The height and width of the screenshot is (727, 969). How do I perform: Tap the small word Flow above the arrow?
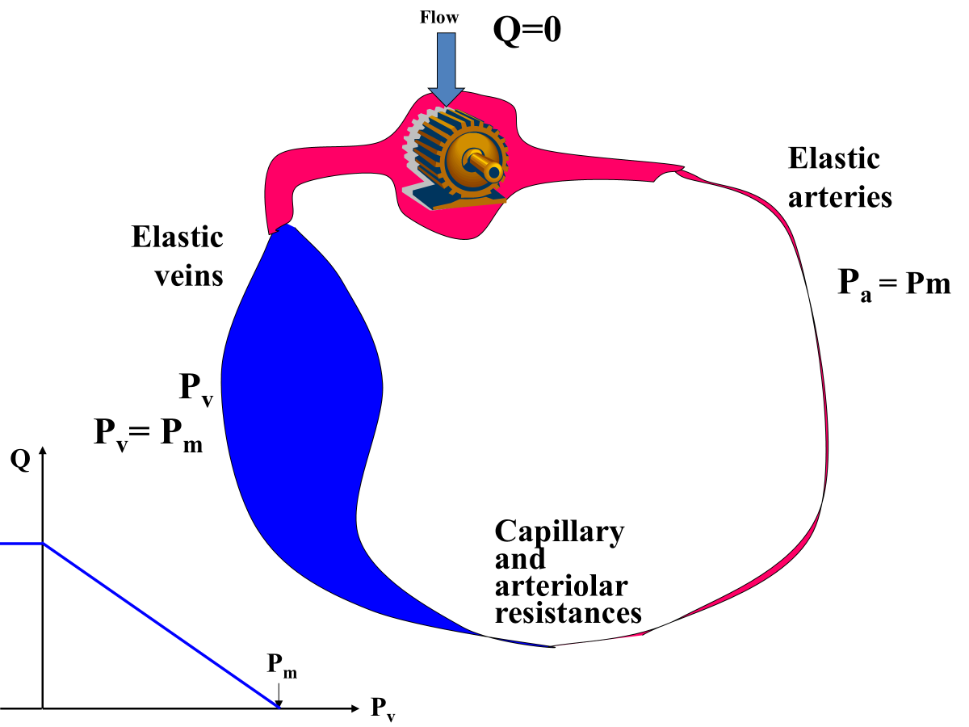439,16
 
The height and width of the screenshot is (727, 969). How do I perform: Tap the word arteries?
840,197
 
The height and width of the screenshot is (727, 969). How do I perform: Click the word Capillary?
559,532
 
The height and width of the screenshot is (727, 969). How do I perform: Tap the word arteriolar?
561,586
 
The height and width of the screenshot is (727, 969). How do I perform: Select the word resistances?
568,612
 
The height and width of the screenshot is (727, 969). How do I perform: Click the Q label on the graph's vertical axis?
21,459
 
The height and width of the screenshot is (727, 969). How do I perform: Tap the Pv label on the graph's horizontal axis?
383,708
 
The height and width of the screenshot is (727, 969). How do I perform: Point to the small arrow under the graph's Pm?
278,694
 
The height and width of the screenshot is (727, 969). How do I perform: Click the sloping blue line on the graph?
161,627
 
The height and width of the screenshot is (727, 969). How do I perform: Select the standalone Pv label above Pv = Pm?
196,389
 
